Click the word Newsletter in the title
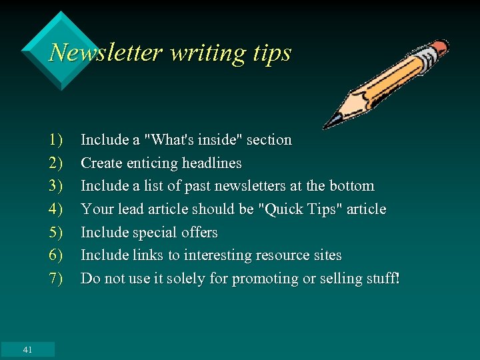[106, 52]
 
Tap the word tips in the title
[272, 52]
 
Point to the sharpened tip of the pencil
[327, 125]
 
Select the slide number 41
[27, 349]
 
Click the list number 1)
[55, 140]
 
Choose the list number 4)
[55, 209]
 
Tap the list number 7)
[55, 279]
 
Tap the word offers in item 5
[198, 233]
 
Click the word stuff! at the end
[381, 279]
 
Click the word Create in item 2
[101, 163]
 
